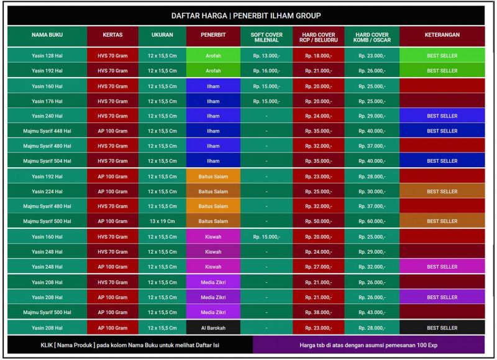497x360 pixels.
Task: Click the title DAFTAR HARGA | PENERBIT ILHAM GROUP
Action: click(246, 16)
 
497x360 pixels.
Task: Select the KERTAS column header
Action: click(112, 35)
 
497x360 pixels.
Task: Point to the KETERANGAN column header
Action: click(442, 35)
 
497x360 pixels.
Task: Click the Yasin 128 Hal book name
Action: click(47, 56)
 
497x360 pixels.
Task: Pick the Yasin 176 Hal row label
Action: click(47, 101)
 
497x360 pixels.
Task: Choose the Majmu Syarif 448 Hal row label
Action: click(47, 131)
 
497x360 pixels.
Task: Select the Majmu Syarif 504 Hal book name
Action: click(47, 161)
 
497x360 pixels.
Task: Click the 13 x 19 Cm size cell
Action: click(162, 221)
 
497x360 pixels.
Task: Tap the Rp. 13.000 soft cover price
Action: click(267, 56)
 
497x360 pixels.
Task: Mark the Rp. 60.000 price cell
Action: click(372, 221)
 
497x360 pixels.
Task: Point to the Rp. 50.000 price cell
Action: click(318, 221)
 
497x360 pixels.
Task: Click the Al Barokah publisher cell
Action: click(213, 328)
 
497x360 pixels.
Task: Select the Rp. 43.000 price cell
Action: click(372, 312)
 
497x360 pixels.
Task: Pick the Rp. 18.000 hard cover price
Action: click(318, 56)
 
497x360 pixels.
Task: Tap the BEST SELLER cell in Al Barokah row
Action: click(442, 328)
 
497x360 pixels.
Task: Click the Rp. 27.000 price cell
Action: click(318, 267)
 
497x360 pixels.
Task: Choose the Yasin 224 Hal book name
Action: click(47, 192)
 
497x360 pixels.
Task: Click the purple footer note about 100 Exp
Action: click(368, 344)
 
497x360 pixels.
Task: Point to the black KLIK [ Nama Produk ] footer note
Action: click(130, 344)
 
